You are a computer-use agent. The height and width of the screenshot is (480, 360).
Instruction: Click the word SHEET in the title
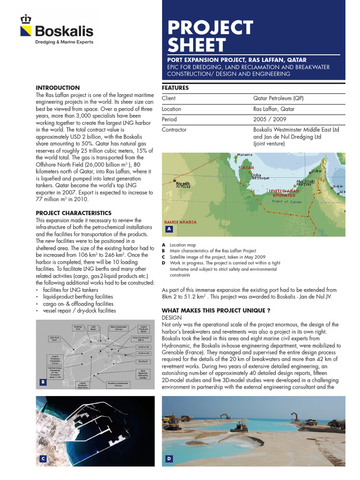(x=197, y=45)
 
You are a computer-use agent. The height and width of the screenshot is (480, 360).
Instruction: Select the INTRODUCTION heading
(x=58, y=88)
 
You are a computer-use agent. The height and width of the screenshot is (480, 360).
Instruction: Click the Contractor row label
(x=174, y=130)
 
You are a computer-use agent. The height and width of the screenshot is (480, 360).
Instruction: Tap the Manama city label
(x=244, y=155)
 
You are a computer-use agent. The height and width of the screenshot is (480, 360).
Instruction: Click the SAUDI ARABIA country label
(x=180, y=222)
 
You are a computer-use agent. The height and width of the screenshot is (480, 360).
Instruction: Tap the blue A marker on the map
(x=169, y=229)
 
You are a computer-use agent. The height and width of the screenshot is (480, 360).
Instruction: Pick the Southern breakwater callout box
(x=115, y=385)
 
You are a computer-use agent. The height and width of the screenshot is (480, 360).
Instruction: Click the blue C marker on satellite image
(x=42, y=459)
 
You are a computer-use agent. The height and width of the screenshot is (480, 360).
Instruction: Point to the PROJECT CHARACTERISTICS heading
(x=74, y=213)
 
